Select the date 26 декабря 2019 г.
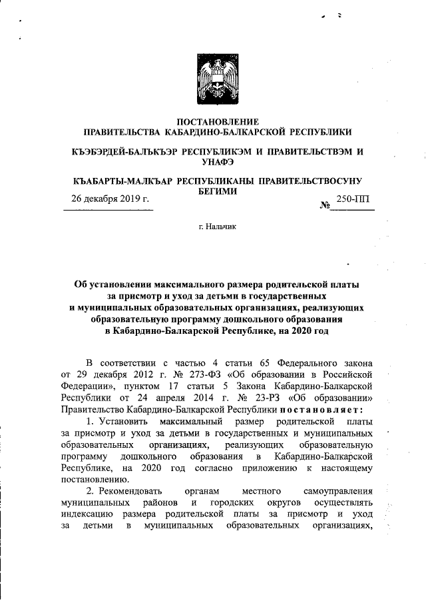(110, 199)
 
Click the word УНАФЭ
(216, 162)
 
